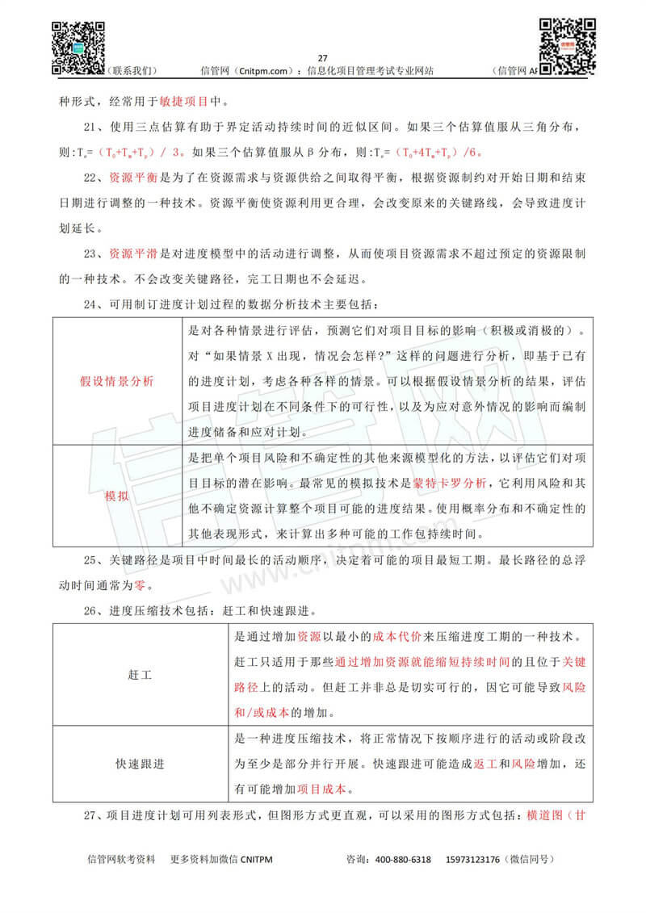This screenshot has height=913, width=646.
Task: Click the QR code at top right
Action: (x=567, y=42)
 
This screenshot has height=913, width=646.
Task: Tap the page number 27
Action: (x=323, y=58)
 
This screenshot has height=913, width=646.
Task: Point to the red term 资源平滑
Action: (x=134, y=254)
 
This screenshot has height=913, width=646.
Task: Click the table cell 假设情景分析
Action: (x=117, y=381)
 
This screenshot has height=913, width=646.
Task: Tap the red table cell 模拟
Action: (x=117, y=495)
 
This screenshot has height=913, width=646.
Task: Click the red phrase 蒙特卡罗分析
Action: (x=451, y=484)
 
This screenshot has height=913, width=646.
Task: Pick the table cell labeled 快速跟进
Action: (x=140, y=764)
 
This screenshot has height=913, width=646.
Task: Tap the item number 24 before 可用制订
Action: (x=95, y=304)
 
